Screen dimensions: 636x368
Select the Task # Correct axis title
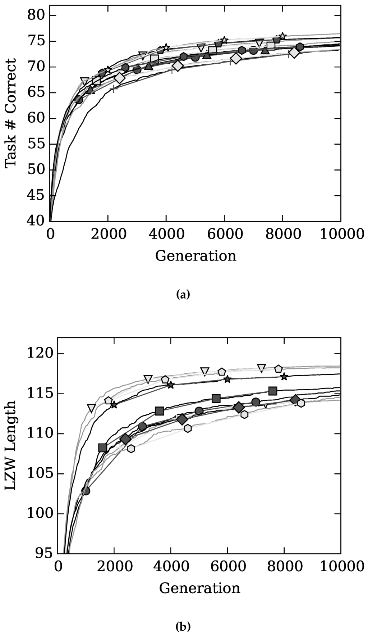11,114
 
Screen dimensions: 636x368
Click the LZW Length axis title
11,445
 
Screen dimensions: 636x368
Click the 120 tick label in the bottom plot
40,354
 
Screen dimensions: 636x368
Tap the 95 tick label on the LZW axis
44,553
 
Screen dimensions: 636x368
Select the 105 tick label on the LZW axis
40,473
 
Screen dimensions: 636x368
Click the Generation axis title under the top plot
196,256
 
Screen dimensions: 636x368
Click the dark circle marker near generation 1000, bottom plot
86,491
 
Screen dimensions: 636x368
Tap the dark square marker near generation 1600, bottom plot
103,448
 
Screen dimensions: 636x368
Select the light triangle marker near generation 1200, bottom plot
92,408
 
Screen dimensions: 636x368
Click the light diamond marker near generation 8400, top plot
294,53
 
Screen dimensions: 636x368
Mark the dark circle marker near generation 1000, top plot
79,100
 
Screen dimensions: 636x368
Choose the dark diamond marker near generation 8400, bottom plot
295,400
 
